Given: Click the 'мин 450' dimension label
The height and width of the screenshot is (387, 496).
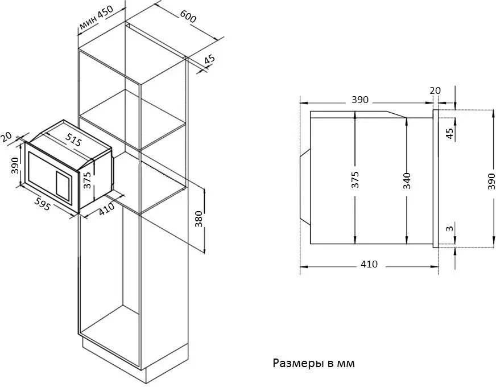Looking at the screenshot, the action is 96,18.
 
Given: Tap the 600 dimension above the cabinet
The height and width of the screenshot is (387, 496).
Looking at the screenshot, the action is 188,16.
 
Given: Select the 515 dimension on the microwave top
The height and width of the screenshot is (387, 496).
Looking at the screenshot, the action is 74,139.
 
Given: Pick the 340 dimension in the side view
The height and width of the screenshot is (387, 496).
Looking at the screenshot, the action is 407,181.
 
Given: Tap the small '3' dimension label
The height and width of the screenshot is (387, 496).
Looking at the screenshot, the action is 449,228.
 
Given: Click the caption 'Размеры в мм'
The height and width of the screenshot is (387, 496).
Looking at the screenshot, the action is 313,363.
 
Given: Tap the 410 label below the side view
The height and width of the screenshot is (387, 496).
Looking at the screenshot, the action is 369,264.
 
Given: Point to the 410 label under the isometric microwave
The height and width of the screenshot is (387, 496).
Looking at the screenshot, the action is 106,209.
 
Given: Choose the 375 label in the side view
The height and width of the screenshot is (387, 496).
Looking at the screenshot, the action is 356,180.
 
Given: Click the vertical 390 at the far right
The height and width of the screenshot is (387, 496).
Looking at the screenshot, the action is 491,182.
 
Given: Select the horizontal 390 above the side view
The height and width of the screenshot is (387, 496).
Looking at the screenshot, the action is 360,100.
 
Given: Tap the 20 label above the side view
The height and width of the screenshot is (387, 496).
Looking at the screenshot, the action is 435,90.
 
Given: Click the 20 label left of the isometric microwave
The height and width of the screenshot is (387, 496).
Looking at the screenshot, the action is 6,137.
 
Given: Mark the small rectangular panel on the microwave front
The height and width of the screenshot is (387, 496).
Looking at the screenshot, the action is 63,186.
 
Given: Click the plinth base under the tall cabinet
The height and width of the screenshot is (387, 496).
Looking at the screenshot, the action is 135,361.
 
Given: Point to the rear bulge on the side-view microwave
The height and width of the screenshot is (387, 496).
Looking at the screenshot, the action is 305,187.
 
